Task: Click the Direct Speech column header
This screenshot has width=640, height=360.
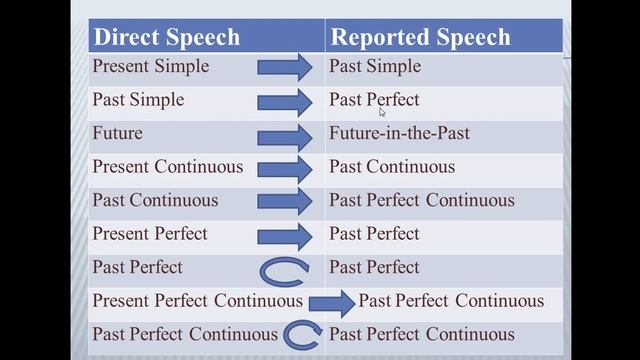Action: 166,38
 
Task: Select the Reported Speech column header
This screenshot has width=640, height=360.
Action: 420,38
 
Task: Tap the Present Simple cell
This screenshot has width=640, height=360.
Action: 151,67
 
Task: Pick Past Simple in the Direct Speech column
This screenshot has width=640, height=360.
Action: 138,100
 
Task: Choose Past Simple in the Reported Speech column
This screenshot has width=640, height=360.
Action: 375,67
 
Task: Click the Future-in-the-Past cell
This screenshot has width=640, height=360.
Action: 399,134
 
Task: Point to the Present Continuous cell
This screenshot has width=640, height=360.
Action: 167,167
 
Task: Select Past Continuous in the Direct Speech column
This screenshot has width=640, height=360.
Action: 155,200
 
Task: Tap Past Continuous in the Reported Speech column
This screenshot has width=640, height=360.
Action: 392,167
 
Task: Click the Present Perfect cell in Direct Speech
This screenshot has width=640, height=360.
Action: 150,234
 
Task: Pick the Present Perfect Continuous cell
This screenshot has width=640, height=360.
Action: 197,301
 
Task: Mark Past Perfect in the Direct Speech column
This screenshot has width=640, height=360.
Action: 138,267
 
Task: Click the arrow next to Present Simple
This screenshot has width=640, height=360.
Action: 285,68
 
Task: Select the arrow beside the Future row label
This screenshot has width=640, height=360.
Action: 285,135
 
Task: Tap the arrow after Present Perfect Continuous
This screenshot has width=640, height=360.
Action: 332,302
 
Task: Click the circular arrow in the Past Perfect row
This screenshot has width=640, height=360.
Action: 284,269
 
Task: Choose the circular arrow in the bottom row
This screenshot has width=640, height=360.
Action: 301,335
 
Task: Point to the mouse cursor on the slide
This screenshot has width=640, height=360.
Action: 382,112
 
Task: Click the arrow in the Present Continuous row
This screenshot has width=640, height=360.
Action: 285,168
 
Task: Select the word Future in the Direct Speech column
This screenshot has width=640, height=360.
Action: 118,134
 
